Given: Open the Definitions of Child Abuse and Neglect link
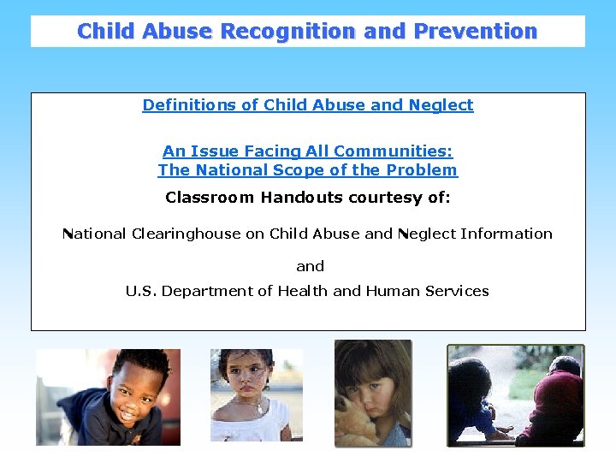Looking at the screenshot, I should point(308,105).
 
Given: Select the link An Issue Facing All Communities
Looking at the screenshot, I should point(308,151).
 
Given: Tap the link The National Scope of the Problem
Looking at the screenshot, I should point(308,169).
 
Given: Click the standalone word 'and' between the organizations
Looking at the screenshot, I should point(310,266).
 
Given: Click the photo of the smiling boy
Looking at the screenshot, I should point(108,396).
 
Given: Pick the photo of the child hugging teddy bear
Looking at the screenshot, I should point(372,393).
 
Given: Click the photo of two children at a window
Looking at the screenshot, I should point(516,394).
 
